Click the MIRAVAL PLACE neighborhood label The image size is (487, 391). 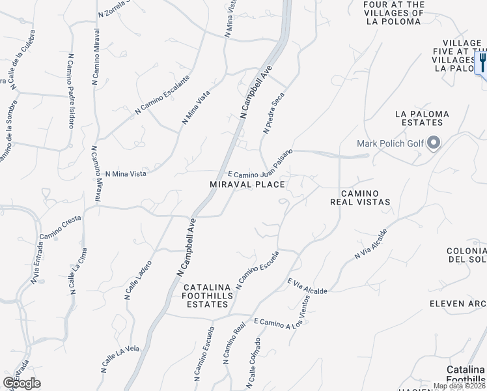[x=247, y=184]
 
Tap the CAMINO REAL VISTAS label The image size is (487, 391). [x=365, y=197]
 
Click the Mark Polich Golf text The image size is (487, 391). [x=390, y=143]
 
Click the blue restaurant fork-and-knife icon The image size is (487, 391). [x=482, y=63]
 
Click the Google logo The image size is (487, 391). [x=21, y=383]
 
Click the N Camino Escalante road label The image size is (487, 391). [x=162, y=94]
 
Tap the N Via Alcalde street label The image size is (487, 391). [x=370, y=244]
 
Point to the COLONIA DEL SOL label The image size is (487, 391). [x=466, y=255]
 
